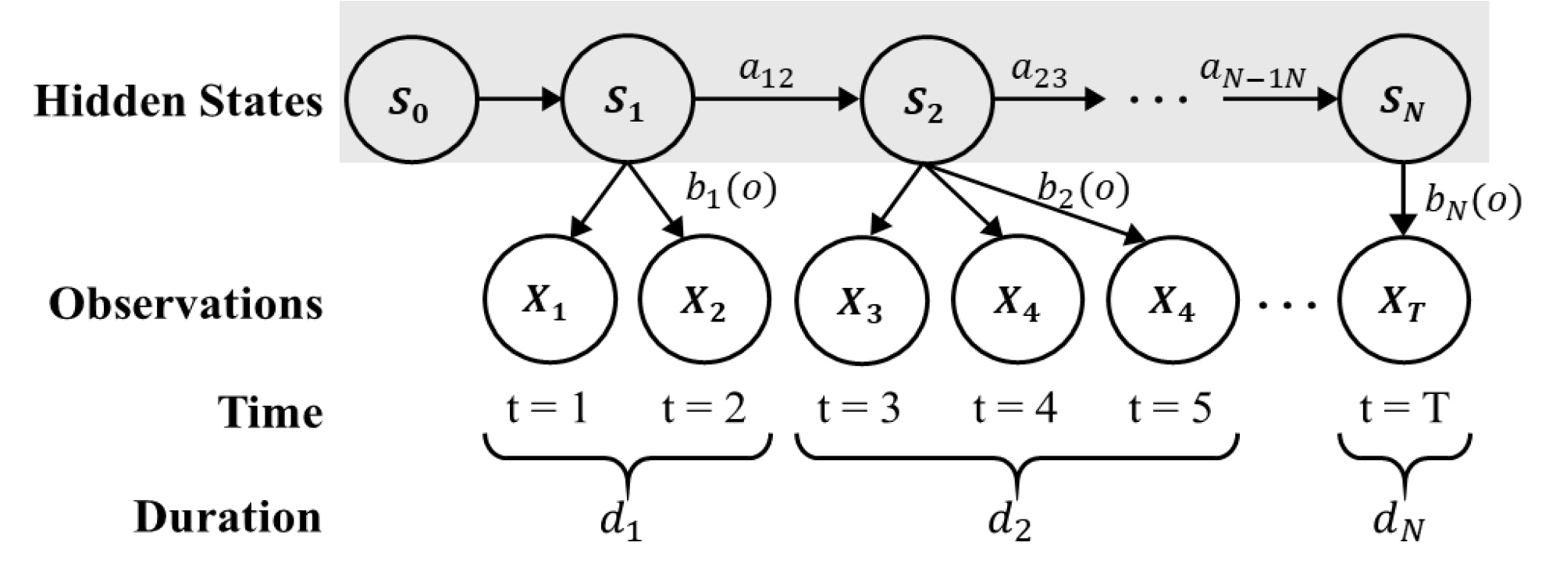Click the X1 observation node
coord(549,300)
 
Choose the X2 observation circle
coord(704,300)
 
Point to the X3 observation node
coord(861,300)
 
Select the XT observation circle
coord(1403,300)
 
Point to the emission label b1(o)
coord(731,191)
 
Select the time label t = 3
coord(859,408)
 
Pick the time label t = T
coord(1404,408)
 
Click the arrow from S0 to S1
coord(519,99)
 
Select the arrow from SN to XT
coord(1403,198)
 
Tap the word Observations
coord(186,304)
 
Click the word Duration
coord(227,517)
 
